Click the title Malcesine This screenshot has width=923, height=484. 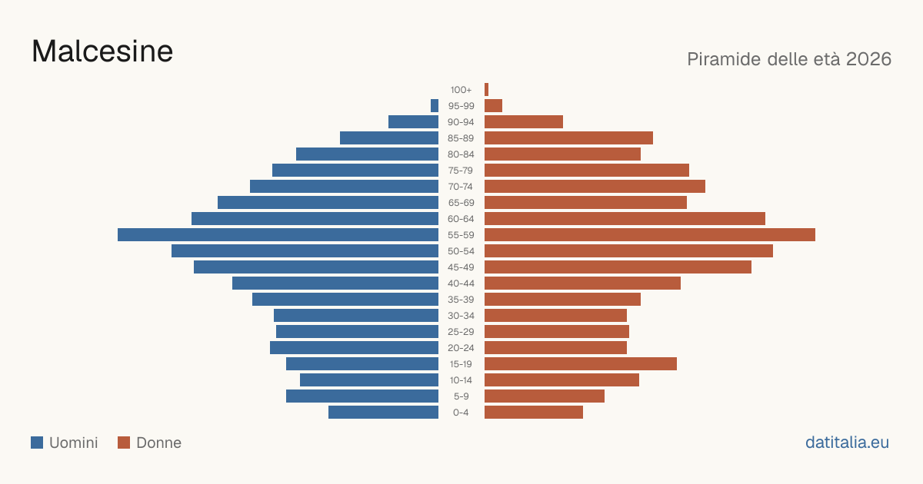(102, 51)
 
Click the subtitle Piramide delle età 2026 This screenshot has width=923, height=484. (789, 59)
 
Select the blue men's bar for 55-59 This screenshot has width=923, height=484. (278, 234)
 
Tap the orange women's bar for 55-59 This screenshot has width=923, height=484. (650, 234)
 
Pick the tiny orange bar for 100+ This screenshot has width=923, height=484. (487, 89)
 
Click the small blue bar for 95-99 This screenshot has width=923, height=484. (435, 106)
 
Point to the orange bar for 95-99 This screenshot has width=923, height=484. (493, 106)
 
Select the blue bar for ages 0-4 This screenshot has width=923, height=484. (383, 412)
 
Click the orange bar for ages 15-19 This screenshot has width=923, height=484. (581, 364)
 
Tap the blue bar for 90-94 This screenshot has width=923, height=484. (413, 122)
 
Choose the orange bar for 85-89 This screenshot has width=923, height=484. (568, 138)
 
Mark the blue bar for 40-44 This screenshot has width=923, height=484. (335, 283)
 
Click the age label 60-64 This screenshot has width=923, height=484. (461, 219)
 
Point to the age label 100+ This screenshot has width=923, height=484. (461, 90)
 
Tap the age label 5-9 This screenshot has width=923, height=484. (461, 396)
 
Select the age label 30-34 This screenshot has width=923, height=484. (461, 316)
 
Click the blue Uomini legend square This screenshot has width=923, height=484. (37, 443)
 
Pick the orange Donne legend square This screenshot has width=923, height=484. (124, 443)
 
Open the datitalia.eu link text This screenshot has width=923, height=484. (847, 443)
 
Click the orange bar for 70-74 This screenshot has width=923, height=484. (595, 187)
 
